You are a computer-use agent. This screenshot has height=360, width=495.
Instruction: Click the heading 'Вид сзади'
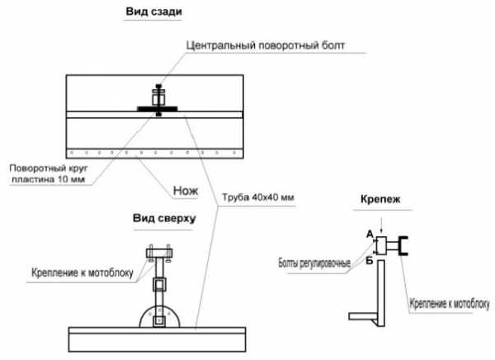[153, 14]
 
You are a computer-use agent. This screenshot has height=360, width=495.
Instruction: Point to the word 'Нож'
[186, 189]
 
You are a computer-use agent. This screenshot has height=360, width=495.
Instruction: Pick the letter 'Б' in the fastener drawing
[370, 260]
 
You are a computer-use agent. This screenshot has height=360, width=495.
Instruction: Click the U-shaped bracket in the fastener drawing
[404, 245]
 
